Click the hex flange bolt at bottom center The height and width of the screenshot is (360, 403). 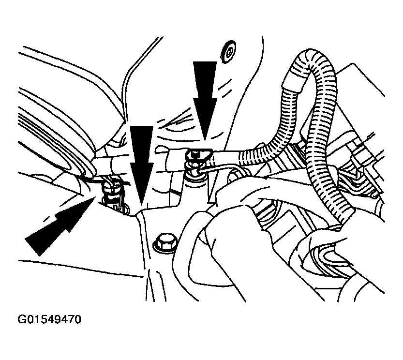[x=164, y=242]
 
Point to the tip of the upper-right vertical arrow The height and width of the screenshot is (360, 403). [x=204, y=141]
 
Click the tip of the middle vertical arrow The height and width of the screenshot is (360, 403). [x=141, y=205]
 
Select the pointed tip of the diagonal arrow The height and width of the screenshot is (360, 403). [x=96, y=196]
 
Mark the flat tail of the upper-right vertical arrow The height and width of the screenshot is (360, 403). [x=205, y=62]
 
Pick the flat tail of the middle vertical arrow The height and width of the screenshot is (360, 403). [x=142, y=126]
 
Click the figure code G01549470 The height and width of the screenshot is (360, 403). [x=49, y=319]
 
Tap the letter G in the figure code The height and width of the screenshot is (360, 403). [x=21, y=319]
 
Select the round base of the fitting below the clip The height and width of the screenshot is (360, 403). [x=195, y=178]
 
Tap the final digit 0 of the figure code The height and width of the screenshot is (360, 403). [x=78, y=319]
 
